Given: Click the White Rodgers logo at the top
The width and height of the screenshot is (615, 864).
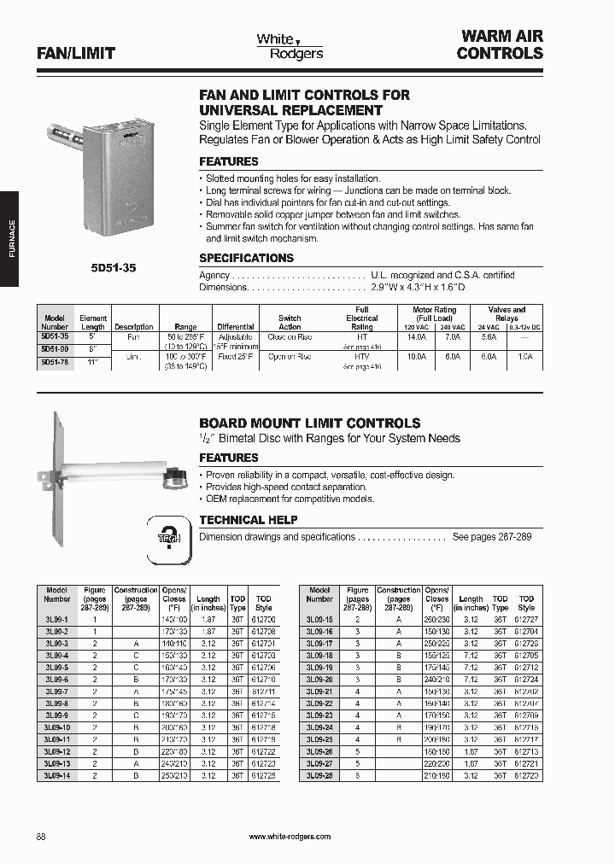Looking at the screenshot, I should point(290,46).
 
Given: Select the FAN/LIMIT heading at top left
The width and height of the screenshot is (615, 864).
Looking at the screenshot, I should point(76,53).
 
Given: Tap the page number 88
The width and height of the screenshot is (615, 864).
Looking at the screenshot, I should point(42,835).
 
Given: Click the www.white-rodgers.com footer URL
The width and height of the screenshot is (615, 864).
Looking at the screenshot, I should point(290,836).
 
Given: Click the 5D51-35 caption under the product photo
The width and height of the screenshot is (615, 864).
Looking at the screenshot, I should point(113,267).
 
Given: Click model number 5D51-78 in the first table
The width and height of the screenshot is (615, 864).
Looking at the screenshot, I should point(55,361).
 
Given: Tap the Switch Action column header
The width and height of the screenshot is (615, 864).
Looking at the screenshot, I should point(290,322).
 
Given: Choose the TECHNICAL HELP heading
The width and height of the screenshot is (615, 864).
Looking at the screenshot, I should point(248,519).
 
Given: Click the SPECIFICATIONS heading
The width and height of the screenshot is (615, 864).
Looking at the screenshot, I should point(246,258).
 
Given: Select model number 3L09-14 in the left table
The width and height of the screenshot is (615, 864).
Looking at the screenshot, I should point(56,774).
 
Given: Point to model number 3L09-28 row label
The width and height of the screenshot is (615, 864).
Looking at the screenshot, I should point(319,774).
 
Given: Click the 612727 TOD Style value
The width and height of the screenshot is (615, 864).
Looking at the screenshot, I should point(526,617).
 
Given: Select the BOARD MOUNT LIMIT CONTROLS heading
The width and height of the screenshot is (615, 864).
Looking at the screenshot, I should point(309,423).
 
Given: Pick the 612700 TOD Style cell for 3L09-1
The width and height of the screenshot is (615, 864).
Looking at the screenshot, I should point(264,617).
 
